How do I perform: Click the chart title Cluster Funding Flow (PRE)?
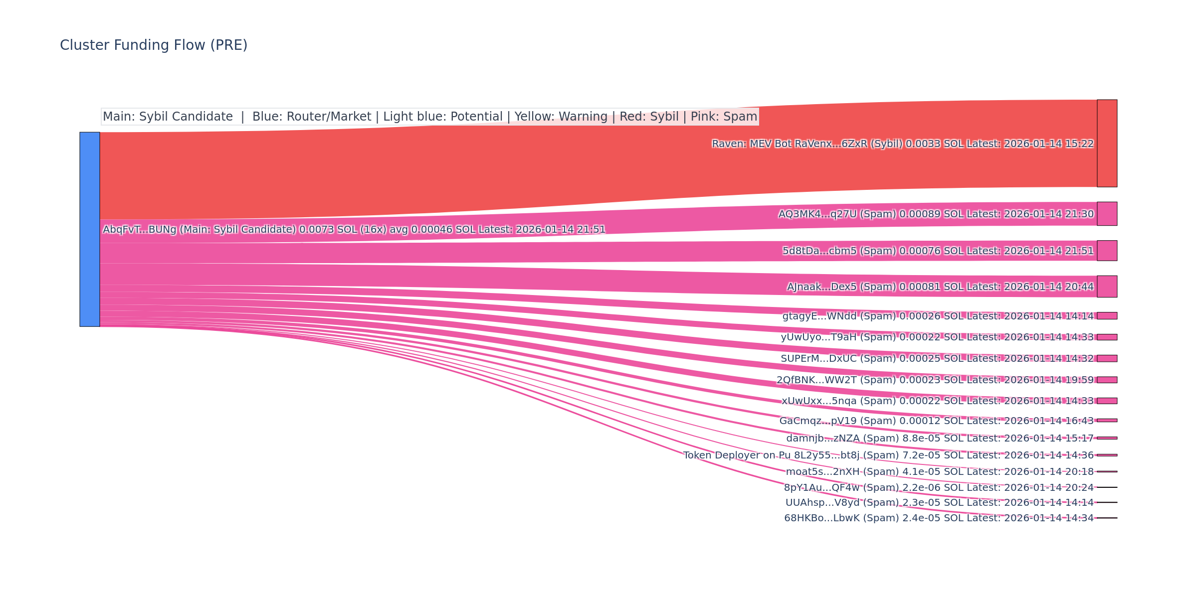(x=154, y=45)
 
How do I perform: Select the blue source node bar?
(x=90, y=229)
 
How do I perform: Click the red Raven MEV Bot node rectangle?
(x=1107, y=144)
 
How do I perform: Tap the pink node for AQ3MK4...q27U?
(x=1107, y=214)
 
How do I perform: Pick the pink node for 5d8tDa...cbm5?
(x=1107, y=251)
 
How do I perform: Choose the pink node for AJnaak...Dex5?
(x=1107, y=287)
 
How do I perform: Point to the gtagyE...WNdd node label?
(x=938, y=316)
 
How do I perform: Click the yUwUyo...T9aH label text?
(x=937, y=337)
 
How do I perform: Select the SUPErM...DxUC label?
(x=937, y=358)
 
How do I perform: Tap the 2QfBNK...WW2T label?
(x=935, y=380)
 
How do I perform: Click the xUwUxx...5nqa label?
(x=937, y=401)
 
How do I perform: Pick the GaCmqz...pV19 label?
(x=936, y=421)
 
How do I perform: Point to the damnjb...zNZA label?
(x=940, y=439)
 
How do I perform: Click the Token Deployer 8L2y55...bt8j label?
(x=888, y=455)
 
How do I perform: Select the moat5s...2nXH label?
(x=940, y=472)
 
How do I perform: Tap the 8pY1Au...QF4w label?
(x=939, y=487)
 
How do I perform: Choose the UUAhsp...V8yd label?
(x=939, y=503)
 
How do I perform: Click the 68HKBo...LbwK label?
(x=939, y=518)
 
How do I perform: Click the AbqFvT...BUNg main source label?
(x=354, y=230)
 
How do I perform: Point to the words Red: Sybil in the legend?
(x=649, y=117)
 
